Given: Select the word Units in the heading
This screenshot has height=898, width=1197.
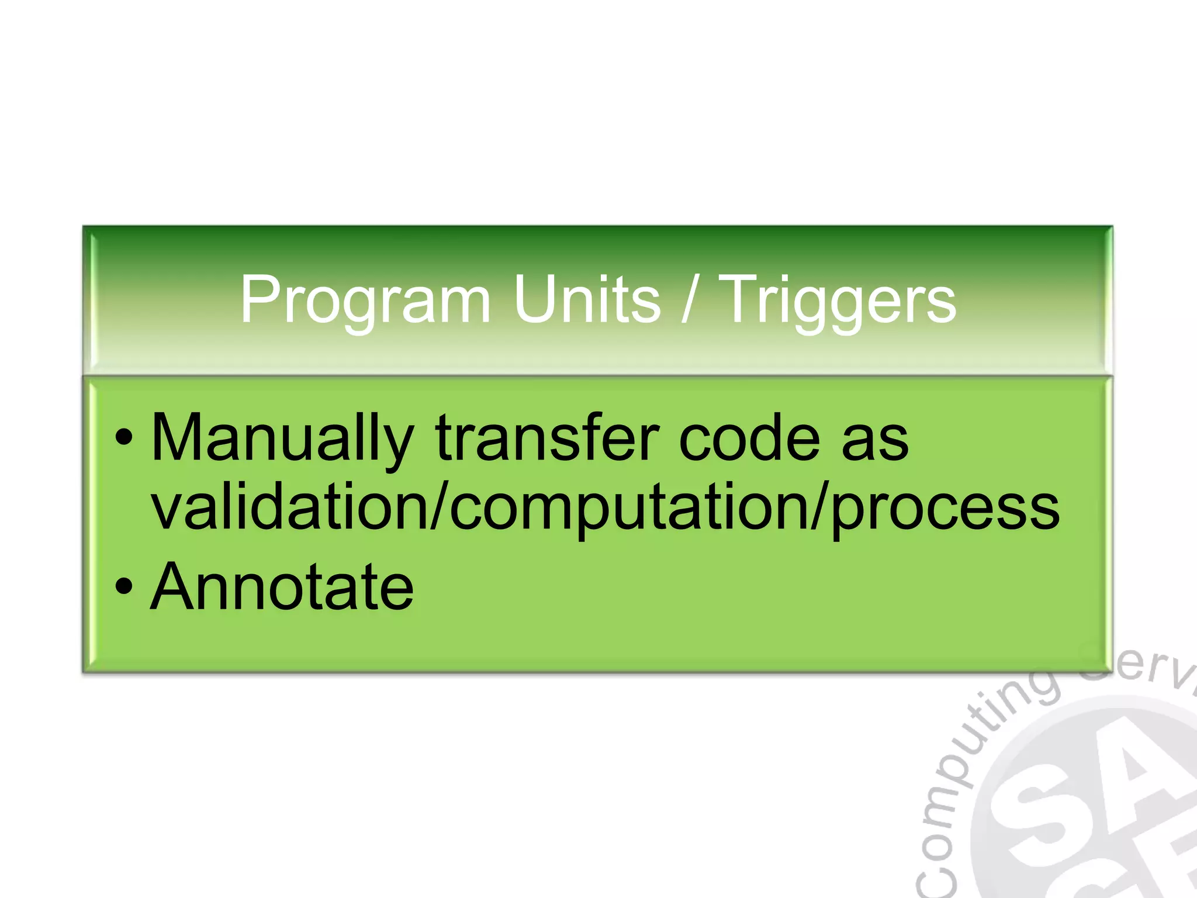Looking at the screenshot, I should [x=587, y=299].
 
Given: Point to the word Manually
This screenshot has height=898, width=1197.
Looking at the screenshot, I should [x=282, y=438].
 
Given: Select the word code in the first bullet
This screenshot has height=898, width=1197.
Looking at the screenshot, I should [x=749, y=438].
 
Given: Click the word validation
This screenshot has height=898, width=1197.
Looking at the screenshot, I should [x=290, y=507].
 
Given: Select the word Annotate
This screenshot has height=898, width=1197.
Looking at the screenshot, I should [x=282, y=587].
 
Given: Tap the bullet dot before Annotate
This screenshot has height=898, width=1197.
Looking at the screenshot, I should [x=123, y=587].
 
